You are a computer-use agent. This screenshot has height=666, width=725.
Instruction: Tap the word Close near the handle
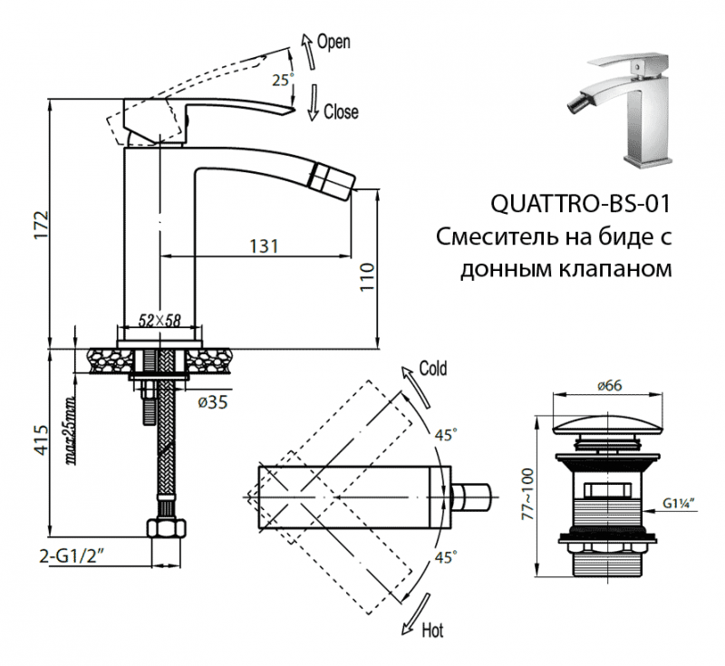point(341,112)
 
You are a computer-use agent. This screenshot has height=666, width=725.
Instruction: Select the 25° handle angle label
point(282,80)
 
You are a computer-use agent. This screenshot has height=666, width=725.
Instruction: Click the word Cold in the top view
point(432,370)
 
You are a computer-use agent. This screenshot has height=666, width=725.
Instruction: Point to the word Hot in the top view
point(434,629)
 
